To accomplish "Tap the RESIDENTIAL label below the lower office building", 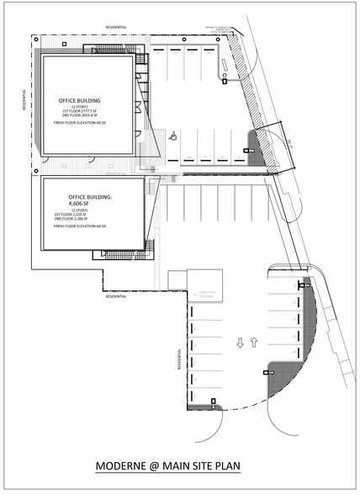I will (x=116, y=296).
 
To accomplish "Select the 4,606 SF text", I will (x=90, y=203).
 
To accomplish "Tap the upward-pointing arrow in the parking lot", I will (x=253, y=343).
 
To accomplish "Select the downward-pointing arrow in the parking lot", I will (x=241, y=343).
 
